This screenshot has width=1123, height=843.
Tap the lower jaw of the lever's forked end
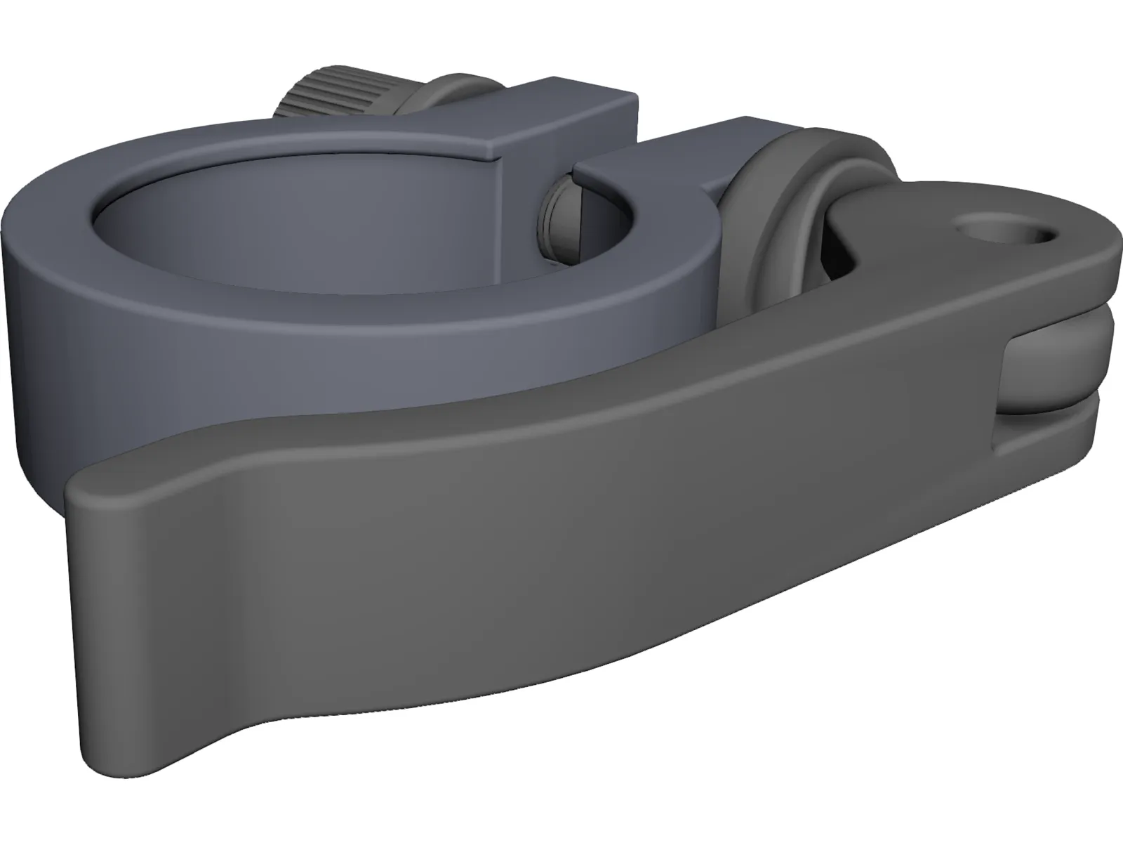(1053, 436)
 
